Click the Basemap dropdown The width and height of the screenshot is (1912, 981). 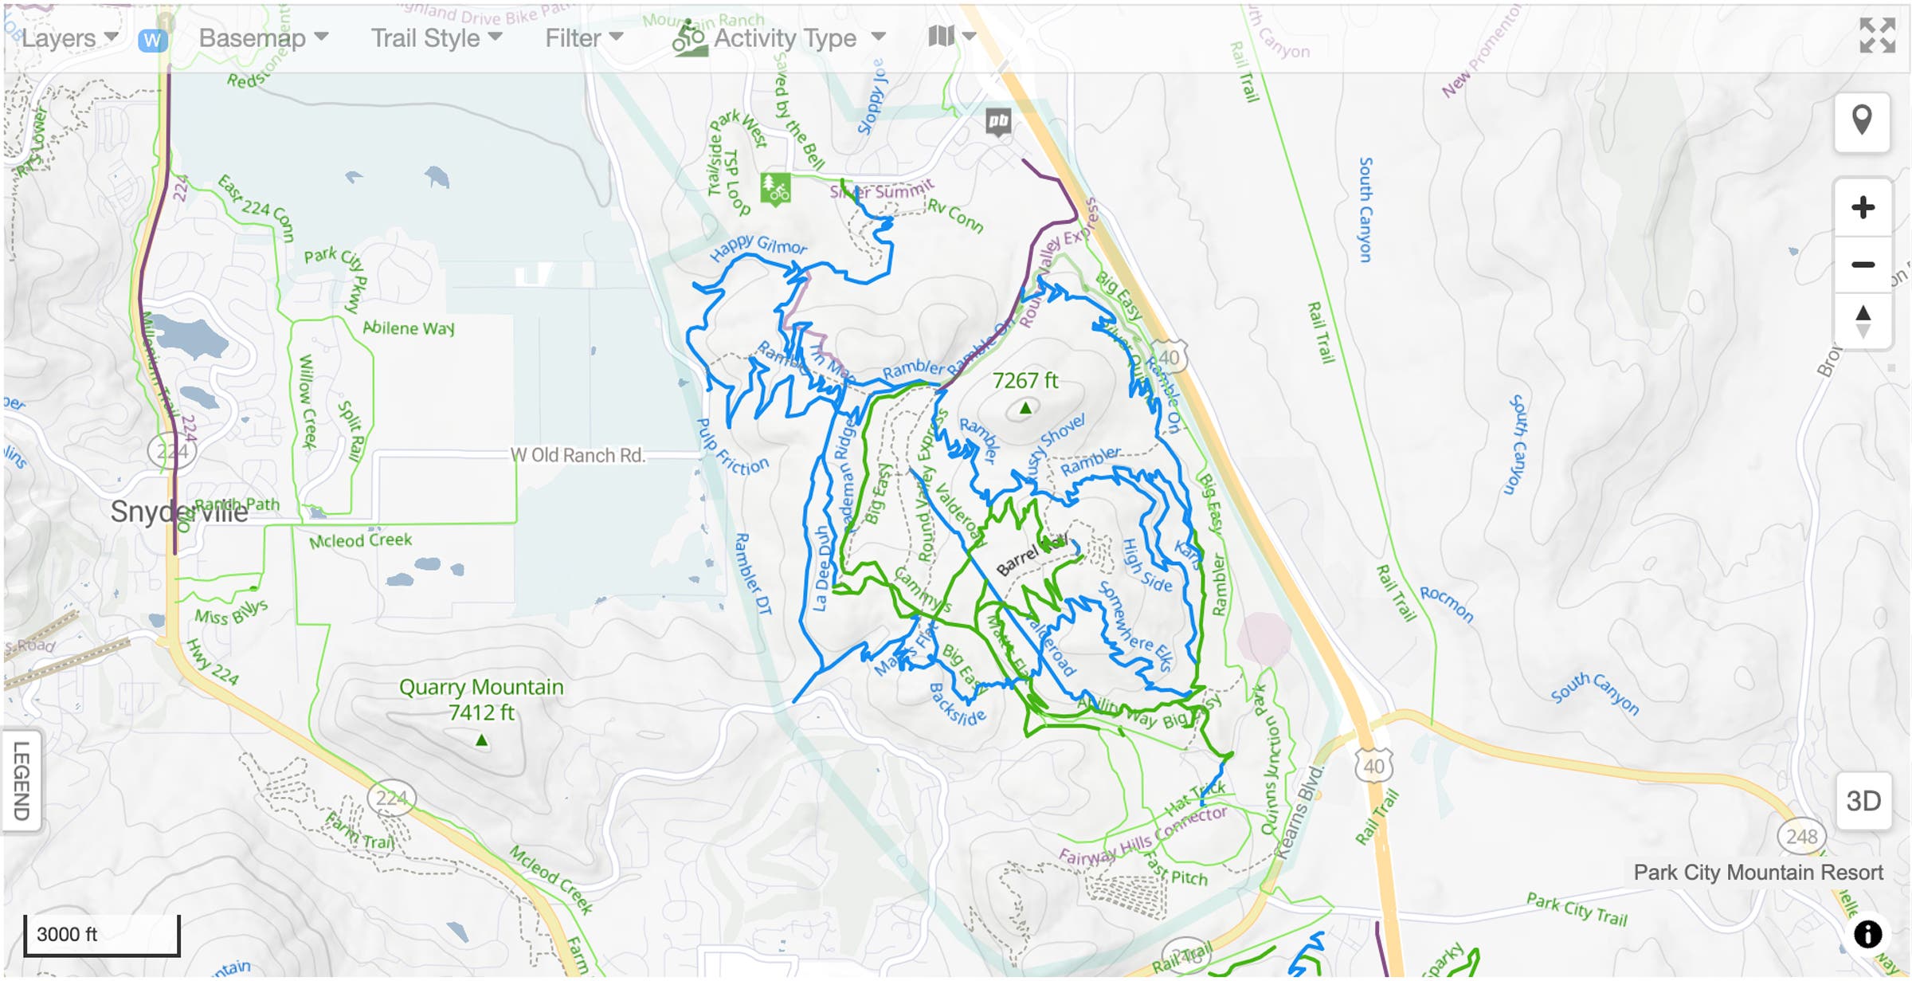pyautogui.click(x=263, y=38)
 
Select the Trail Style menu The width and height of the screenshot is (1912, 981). pyautogui.click(x=436, y=38)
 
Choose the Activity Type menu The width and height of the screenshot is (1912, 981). pyautogui.click(x=785, y=38)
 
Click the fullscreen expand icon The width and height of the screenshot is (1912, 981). pyautogui.click(x=1876, y=35)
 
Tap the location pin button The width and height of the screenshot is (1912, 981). pyautogui.click(x=1862, y=121)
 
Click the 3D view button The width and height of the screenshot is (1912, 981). pyautogui.click(x=1863, y=801)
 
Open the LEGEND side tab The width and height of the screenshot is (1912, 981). pyautogui.click(x=22, y=781)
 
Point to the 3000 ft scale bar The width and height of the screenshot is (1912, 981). pyautogui.click(x=101, y=935)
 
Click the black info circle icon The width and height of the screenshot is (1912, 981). pyautogui.click(x=1868, y=934)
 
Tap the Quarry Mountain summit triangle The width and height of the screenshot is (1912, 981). pyautogui.click(x=481, y=741)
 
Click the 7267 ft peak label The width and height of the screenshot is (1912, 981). pyautogui.click(x=1025, y=381)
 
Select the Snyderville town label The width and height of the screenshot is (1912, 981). pyautogui.click(x=179, y=512)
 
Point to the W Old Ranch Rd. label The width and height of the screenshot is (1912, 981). pyautogui.click(x=578, y=455)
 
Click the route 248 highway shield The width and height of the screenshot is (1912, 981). pyautogui.click(x=1801, y=836)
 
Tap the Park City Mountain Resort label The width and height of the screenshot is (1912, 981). pyautogui.click(x=1758, y=873)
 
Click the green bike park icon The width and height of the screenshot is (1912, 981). pyautogui.click(x=775, y=189)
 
